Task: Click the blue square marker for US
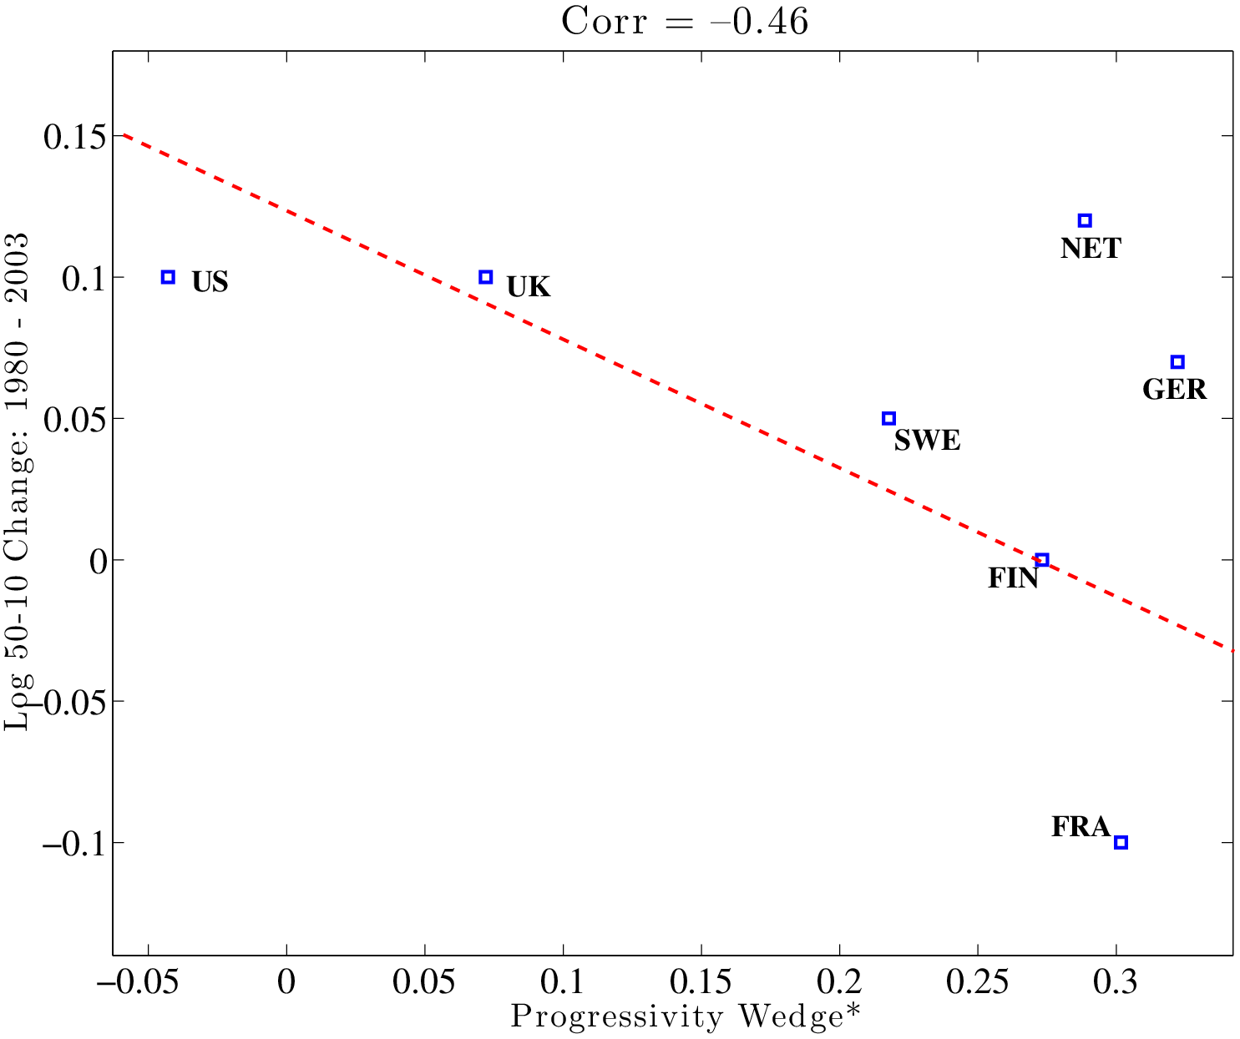click(168, 277)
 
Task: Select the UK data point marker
click(486, 277)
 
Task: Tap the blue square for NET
click(1085, 220)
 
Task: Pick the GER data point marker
click(1177, 361)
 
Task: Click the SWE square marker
click(889, 418)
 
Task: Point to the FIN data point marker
click(1041, 560)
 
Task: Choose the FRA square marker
click(1121, 842)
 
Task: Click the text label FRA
click(1081, 827)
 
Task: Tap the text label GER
click(1174, 390)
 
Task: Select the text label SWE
click(927, 441)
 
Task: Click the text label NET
click(1091, 249)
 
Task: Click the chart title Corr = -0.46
click(684, 22)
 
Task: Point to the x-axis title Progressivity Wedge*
click(685, 1017)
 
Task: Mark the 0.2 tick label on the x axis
click(839, 982)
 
